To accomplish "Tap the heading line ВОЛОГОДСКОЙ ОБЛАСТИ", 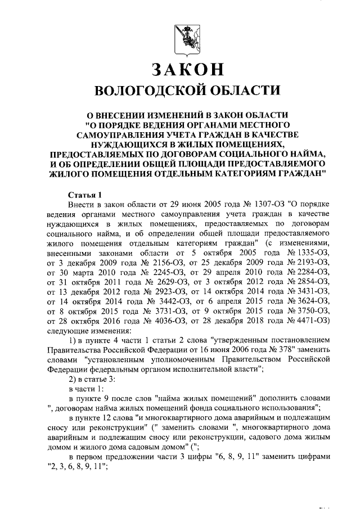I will [187, 91].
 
